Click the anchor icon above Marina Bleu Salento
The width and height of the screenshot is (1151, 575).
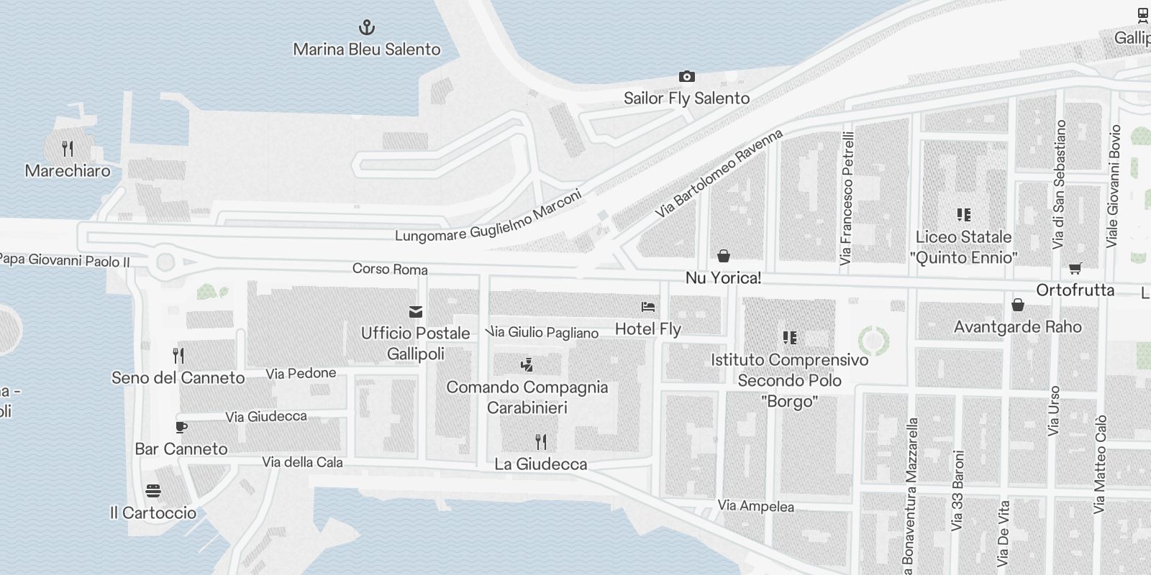pyautogui.click(x=367, y=28)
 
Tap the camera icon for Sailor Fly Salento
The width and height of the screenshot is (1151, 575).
pyautogui.click(x=686, y=76)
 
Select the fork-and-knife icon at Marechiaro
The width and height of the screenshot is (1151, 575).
pyautogui.click(x=68, y=149)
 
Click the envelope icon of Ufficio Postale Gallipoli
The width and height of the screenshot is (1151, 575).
pyautogui.click(x=416, y=311)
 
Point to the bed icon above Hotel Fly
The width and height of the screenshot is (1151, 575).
pyautogui.click(x=648, y=307)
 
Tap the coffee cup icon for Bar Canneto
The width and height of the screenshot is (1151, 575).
pyautogui.click(x=181, y=427)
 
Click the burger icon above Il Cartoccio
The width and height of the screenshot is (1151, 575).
pyautogui.click(x=153, y=491)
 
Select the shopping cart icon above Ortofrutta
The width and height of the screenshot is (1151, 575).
pyautogui.click(x=1075, y=268)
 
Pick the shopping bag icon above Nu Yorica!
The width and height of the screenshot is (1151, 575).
pyautogui.click(x=724, y=256)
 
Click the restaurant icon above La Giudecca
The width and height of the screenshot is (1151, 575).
pyautogui.click(x=541, y=441)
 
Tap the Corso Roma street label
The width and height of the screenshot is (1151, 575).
pyautogui.click(x=390, y=269)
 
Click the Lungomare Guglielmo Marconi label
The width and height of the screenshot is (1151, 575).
pyautogui.click(x=488, y=217)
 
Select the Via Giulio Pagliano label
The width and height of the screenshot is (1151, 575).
pyautogui.click(x=543, y=332)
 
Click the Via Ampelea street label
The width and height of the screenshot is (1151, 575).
pyautogui.click(x=755, y=506)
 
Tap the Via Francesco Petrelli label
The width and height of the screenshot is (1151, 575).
pyautogui.click(x=847, y=198)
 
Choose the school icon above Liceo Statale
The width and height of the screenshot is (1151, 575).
pyautogui.click(x=963, y=214)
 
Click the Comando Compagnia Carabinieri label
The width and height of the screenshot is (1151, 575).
pyautogui.click(x=527, y=397)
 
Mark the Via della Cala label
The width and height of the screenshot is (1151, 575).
pyautogui.click(x=302, y=462)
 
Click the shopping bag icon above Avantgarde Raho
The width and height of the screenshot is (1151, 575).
pyautogui.click(x=1017, y=305)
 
